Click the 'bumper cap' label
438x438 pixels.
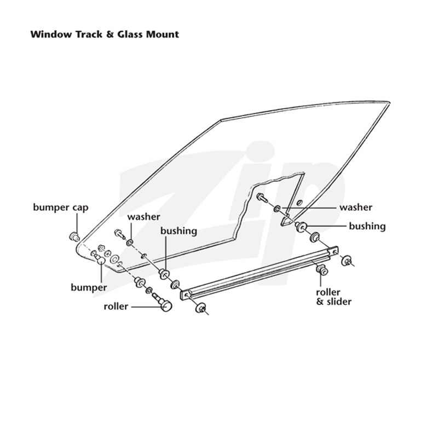61,208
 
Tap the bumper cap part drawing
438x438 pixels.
74,237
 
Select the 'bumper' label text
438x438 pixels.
89,288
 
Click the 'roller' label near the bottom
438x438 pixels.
116,307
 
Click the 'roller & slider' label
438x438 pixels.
334,297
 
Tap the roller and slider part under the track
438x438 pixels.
322,269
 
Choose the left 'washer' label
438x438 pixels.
144,217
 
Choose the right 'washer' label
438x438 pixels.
356,208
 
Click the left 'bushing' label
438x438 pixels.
179,231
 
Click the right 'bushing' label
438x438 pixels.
367,226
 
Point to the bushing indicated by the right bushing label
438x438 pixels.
301,226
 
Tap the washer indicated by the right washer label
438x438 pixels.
278,209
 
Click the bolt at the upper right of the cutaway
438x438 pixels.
262,198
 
